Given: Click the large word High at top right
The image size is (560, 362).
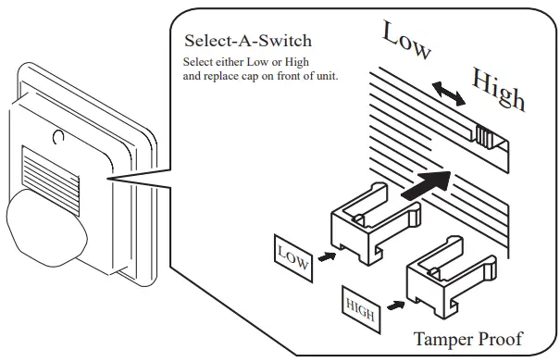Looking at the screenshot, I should (498, 88).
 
